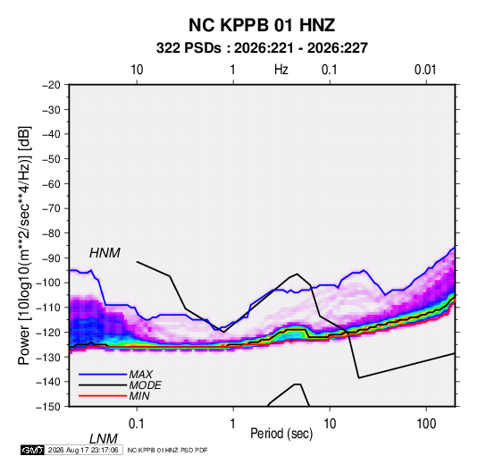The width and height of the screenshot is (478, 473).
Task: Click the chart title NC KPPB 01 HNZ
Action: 262,25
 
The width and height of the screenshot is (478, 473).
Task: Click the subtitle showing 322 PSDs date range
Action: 262,48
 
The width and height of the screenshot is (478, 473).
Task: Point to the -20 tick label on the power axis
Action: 51,85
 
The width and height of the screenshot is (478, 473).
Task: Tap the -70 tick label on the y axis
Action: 51,208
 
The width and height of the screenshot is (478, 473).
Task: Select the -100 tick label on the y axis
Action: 48,283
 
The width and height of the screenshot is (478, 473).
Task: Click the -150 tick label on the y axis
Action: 48,407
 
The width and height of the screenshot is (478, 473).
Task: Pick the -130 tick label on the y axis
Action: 48,357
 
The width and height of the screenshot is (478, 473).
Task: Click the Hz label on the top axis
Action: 281,70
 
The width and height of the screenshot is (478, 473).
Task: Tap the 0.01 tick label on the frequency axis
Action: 425,70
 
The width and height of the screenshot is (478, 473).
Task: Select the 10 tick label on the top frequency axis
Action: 137,70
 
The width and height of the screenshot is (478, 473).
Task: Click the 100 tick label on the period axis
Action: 426,424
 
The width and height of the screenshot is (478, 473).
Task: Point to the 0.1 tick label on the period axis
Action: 136,424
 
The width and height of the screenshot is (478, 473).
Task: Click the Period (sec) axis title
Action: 281,434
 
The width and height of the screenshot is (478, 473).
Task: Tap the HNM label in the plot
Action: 105,253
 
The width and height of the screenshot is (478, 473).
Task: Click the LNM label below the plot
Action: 103,439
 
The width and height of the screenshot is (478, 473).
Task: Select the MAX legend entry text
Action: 141,375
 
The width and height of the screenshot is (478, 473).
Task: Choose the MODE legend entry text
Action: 145,385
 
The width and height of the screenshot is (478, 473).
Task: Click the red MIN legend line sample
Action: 103,396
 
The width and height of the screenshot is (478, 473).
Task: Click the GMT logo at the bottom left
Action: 32,450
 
